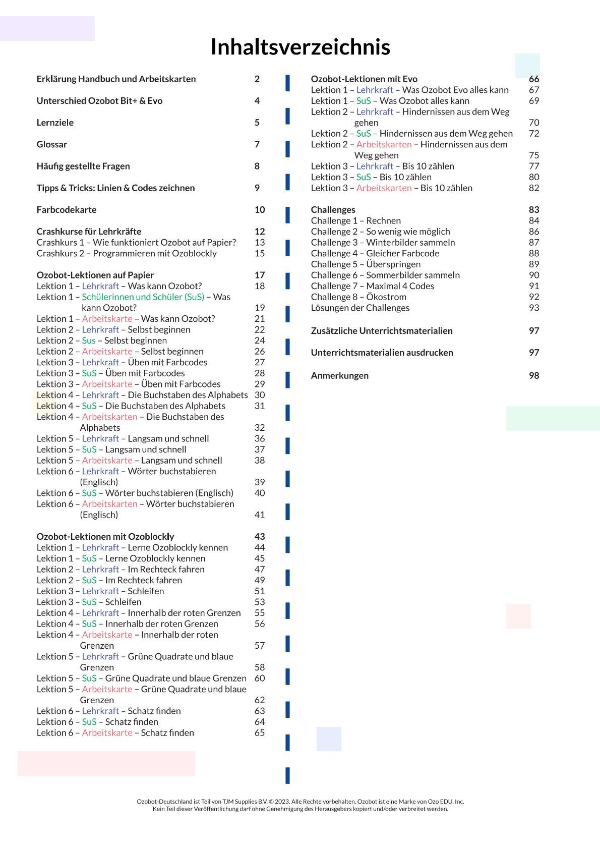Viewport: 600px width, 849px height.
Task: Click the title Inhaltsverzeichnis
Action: coord(300,47)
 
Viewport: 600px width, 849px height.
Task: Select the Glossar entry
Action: coord(51,144)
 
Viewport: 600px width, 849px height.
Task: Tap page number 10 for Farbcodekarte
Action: coord(259,210)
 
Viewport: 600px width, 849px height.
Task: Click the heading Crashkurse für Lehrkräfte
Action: coord(89,232)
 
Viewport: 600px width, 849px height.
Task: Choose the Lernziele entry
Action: coord(55,123)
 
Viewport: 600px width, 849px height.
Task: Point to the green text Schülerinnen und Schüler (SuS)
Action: coord(143,297)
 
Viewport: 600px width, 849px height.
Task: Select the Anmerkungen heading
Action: coord(339,375)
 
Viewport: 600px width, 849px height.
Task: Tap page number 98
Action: coord(533,375)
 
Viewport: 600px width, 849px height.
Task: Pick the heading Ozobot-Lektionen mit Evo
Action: coord(364,79)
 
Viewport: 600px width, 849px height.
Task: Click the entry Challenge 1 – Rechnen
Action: coord(355,220)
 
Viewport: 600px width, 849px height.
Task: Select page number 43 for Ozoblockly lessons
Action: coord(259,536)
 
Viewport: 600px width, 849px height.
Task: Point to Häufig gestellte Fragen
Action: coord(83,166)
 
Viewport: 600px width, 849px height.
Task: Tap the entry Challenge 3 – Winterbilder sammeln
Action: coord(383,242)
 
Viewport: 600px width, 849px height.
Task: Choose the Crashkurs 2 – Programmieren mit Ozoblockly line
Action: coord(127,253)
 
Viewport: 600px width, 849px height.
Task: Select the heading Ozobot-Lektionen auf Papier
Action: coord(95,275)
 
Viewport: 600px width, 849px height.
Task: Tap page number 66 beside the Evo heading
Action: coord(533,79)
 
